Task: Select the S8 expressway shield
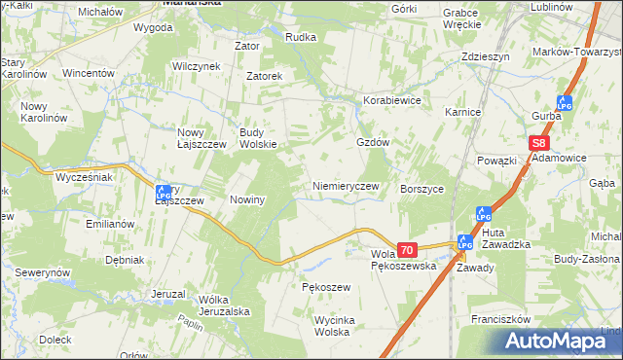540,143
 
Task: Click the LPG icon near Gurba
565,102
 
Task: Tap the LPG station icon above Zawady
464,242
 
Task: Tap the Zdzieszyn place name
486,57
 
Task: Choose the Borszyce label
422,190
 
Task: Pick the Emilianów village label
109,224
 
